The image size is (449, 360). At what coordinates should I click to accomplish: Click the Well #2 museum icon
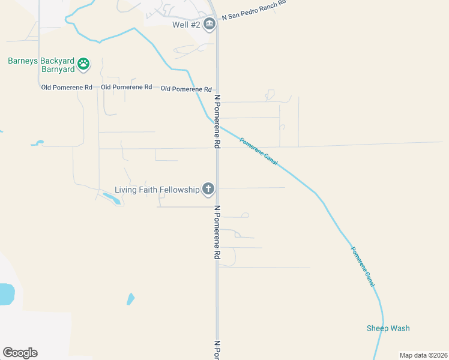(x=209, y=25)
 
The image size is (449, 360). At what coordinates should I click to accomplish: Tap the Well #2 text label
(x=185, y=25)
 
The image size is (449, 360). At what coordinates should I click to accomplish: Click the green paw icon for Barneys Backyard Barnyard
(x=84, y=62)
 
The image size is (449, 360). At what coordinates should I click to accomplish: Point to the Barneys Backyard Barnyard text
(x=41, y=65)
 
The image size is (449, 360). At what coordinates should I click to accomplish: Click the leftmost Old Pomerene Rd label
(x=67, y=88)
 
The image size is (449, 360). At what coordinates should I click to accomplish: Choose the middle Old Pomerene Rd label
(x=127, y=88)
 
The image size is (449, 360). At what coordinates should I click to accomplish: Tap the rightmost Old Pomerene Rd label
(x=187, y=89)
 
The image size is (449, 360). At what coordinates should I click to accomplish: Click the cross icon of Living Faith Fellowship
(x=208, y=190)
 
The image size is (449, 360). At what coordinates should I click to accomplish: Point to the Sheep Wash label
(x=388, y=328)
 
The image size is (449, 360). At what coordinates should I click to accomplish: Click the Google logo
(x=20, y=353)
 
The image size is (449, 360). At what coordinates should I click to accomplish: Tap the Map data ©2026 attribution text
(x=423, y=355)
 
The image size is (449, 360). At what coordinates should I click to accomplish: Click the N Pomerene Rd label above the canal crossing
(x=217, y=121)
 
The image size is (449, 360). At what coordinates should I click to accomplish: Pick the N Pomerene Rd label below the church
(x=217, y=232)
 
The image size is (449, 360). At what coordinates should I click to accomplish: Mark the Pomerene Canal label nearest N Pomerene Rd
(x=259, y=152)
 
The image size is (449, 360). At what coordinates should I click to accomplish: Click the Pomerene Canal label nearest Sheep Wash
(x=363, y=266)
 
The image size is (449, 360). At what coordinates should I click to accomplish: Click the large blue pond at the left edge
(x=5, y=294)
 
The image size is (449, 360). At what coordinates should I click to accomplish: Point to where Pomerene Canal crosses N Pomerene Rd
(x=217, y=125)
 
